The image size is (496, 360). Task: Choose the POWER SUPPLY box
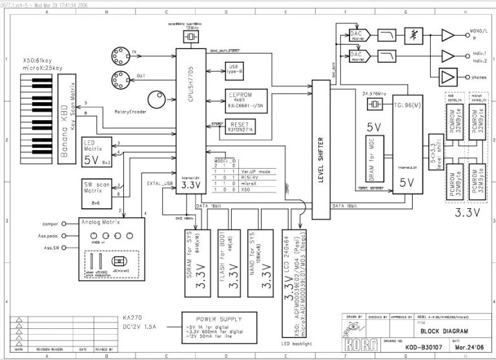(212, 326)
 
